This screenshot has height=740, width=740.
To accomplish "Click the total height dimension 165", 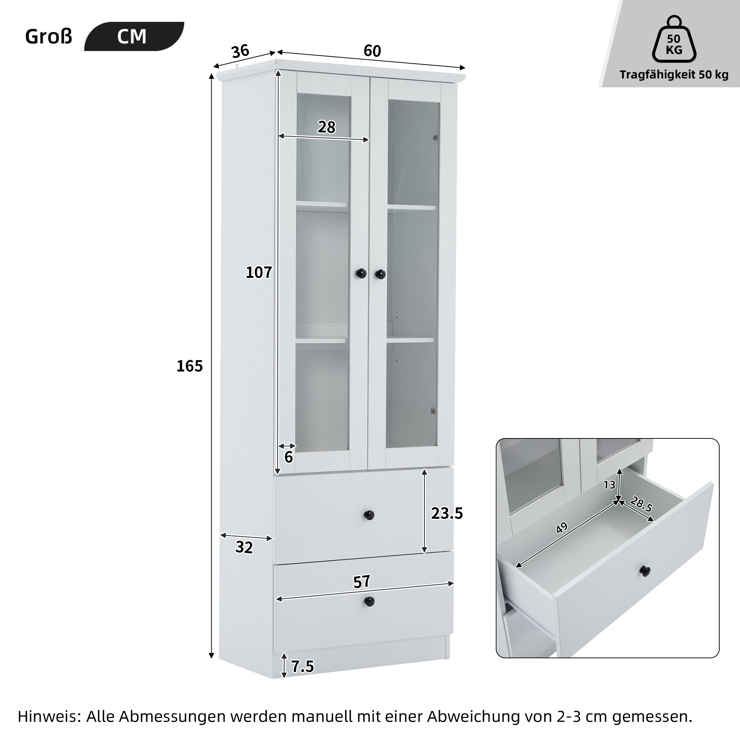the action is (x=189, y=366).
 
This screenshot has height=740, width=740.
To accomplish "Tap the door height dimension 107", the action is (x=259, y=272).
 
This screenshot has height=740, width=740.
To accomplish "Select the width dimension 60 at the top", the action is (x=372, y=51).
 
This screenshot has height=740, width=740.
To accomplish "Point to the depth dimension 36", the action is (x=240, y=51).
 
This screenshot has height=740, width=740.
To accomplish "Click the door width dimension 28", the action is (x=326, y=127).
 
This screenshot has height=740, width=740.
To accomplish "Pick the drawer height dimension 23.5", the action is (x=447, y=513).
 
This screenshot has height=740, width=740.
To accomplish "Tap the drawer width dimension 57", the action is (x=361, y=581).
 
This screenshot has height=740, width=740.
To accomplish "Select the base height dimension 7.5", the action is (x=303, y=666).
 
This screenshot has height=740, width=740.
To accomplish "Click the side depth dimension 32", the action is (x=244, y=547).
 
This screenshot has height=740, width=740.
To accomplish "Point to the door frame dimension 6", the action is (x=289, y=457).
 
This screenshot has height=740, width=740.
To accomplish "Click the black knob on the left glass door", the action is (x=361, y=273).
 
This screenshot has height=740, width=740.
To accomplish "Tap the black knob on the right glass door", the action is (x=380, y=274).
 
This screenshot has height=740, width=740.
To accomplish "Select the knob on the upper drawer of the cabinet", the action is (x=369, y=515).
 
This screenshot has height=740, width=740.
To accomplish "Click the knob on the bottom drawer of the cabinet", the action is (x=369, y=601).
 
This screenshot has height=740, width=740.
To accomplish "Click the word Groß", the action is (x=48, y=37).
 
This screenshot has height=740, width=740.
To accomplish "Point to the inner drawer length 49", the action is (x=562, y=528).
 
